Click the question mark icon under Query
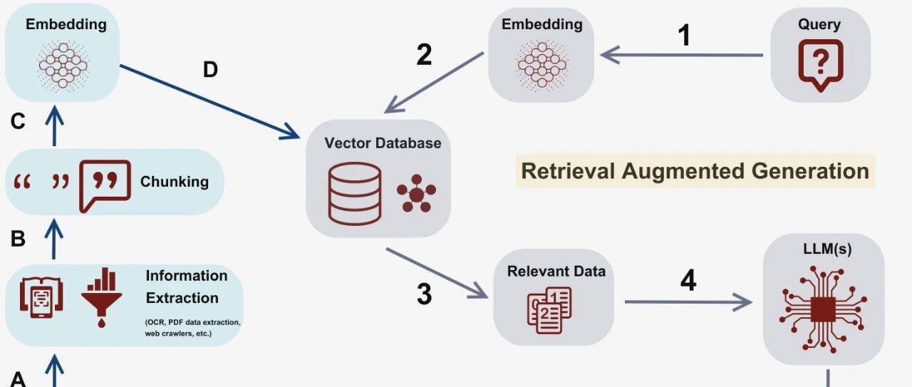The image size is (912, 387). point(820,65)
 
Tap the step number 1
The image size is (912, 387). point(685,35)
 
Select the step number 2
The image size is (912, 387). point(424,55)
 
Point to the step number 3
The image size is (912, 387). point(424,294)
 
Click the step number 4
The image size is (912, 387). point(688,280)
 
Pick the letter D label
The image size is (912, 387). point(210,70)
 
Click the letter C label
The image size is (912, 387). point(18,121)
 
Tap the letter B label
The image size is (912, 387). point(18,239)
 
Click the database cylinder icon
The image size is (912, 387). point(355,194)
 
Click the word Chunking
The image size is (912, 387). point(175,182)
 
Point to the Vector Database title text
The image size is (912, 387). point(383,143)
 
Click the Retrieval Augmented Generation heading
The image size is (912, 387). point(695,171)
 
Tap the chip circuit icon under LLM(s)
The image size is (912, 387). point(823,309)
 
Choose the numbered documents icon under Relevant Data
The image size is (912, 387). point(549,311)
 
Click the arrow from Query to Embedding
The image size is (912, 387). point(682,55)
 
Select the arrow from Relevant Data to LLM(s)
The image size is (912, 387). point(688,302)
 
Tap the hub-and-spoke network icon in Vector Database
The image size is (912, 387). point(416,194)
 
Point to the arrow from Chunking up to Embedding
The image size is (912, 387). point(55,125)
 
